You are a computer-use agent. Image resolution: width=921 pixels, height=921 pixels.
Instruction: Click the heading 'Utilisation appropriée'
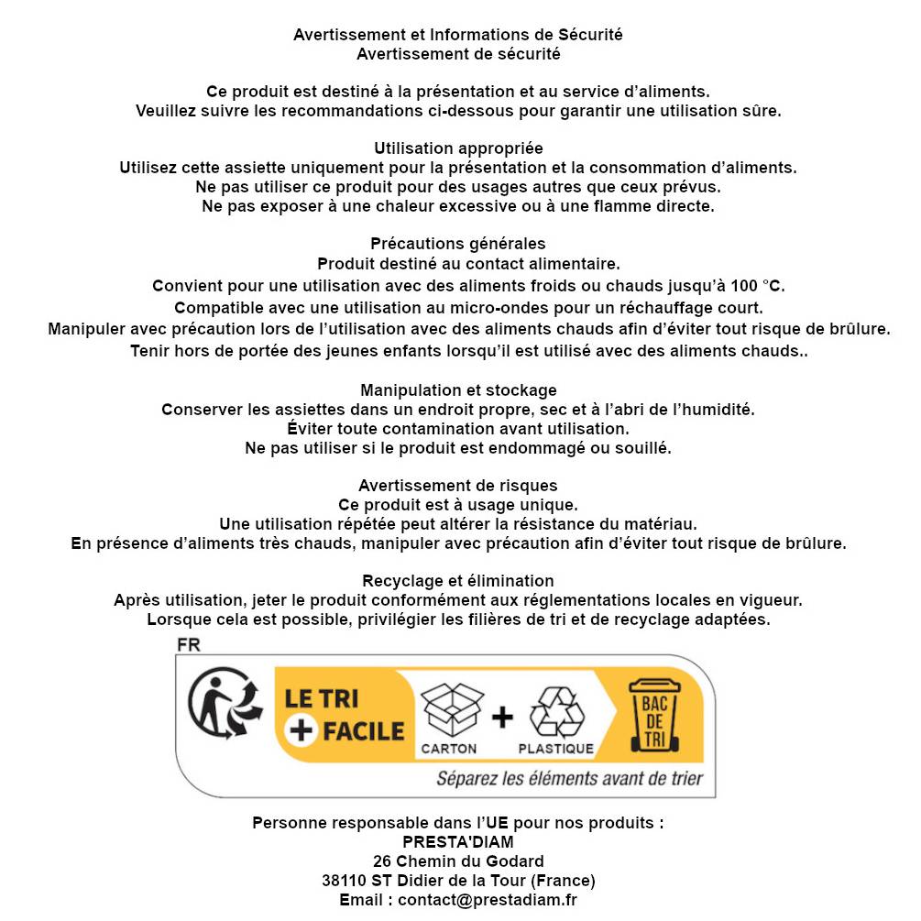[458, 148]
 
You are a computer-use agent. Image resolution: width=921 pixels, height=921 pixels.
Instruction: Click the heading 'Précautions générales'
[458, 244]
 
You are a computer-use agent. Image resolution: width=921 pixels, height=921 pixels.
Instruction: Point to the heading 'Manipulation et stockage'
[458, 390]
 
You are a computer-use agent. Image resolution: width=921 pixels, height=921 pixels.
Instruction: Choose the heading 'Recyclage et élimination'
[458, 581]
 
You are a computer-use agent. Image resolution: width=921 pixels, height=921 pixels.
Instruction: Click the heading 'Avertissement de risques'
[458, 486]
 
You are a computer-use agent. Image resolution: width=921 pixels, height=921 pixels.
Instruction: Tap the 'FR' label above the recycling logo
[189, 645]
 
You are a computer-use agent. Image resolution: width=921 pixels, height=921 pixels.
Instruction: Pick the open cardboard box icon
[451, 708]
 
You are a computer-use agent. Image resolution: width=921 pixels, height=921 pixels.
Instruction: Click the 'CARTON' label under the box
[449, 749]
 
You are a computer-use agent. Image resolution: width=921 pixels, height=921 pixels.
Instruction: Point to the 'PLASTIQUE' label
[556, 749]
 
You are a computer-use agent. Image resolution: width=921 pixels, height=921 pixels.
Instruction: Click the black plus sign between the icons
[502, 717]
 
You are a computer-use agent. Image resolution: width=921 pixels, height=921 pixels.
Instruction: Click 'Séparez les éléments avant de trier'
[569, 779]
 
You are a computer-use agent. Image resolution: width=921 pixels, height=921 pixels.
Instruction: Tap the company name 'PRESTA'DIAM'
[458, 842]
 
